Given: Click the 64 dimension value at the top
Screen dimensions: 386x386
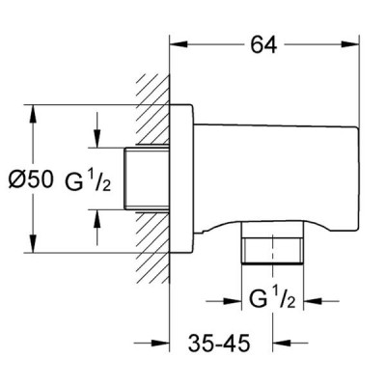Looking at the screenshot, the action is [x=263, y=44].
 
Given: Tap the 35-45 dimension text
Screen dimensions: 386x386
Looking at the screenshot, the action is [x=219, y=343].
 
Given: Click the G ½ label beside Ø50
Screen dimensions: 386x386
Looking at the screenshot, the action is [x=88, y=180].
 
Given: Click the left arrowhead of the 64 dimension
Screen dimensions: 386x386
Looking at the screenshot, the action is [x=179, y=44].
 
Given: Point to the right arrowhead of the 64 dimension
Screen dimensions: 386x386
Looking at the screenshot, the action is [x=349, y=44].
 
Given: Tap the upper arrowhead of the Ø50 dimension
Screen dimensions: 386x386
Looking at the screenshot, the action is [x=32, y=114].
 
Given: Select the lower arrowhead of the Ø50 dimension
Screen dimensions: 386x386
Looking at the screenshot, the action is [x=32, y=243].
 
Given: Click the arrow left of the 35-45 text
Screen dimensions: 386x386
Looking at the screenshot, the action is [x=152, y=344].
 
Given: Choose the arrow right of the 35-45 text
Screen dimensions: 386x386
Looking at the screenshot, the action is [x=290, y=344].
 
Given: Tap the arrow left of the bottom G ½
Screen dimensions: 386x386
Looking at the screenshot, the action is [x=224, y=301].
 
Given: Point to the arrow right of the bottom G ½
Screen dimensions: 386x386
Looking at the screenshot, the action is [x=321, y=301].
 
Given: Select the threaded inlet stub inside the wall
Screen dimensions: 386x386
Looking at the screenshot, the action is [x=147, y=179].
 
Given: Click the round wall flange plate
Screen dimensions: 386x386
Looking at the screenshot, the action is [x=181, y=179].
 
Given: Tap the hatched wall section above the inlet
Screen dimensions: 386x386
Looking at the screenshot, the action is [x=153, y=110].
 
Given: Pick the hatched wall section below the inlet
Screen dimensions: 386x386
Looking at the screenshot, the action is [x=153, y=248].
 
